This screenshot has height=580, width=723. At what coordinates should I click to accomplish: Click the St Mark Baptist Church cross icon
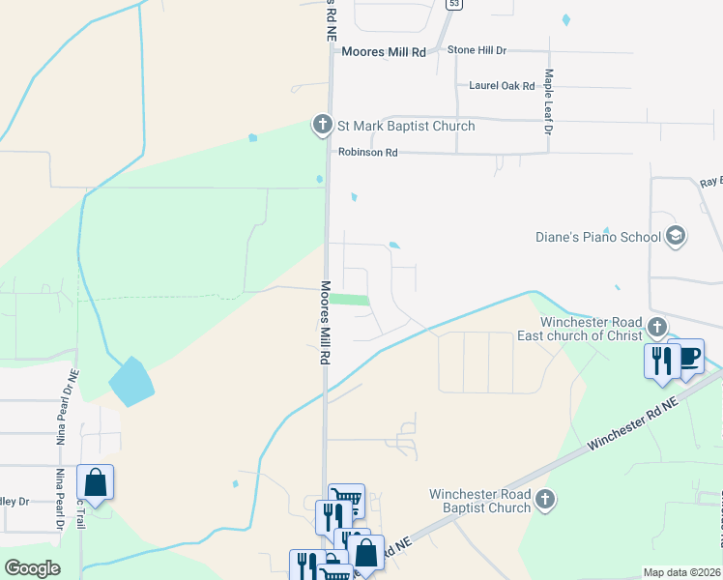(323, 125)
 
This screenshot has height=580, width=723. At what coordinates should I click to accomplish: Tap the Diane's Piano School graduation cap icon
(676, 237)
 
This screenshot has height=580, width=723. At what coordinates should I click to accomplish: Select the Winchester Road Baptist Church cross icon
(546, 500)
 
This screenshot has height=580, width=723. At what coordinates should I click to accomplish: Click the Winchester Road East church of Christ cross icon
(657, 327)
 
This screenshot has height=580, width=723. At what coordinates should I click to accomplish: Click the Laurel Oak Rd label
(502, 86)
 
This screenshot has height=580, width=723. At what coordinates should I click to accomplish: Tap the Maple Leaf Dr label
(548, 101)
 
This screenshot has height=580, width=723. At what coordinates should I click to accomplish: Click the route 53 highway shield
(450, 5)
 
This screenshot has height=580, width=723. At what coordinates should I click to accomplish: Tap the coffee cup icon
(688, 357)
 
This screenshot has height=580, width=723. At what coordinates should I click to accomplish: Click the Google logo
(32, 568)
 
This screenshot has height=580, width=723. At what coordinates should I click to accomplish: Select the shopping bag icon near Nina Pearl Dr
(96, 482)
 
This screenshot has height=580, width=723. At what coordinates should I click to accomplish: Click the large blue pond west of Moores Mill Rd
(130, 381)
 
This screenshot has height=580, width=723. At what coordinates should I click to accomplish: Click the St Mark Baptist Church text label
(405, 126)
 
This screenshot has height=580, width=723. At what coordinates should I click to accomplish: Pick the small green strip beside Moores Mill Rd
(350, 300)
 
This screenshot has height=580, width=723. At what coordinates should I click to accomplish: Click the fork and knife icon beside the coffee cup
(660, 360)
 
